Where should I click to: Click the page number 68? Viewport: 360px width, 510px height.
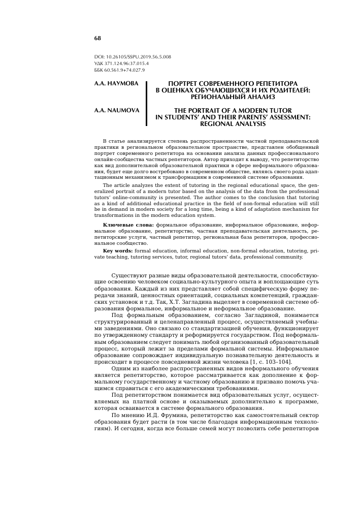click(97, 39)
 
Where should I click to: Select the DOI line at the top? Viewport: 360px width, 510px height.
click(133, 57)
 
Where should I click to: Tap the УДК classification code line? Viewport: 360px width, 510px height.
click(121, 63)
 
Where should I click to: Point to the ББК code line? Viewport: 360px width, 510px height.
click(119, 70)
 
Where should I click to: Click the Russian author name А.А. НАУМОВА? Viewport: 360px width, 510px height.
click(116, 83)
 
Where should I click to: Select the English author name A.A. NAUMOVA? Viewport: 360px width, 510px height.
click(117, 110)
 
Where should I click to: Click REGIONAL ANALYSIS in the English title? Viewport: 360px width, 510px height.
click(233, 123)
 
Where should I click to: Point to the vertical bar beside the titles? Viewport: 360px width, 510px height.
click(146, 103)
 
